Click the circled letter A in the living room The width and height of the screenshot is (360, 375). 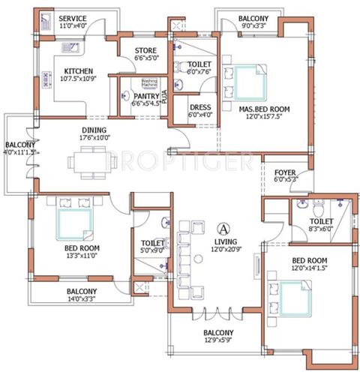(x=223, y=227)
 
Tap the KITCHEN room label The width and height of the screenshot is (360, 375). (x=77, y=73)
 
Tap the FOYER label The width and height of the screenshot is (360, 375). (x=284, y=172)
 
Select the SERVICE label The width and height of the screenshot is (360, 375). (x=72, y=18)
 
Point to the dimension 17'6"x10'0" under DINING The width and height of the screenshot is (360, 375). (x=94, y=138)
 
